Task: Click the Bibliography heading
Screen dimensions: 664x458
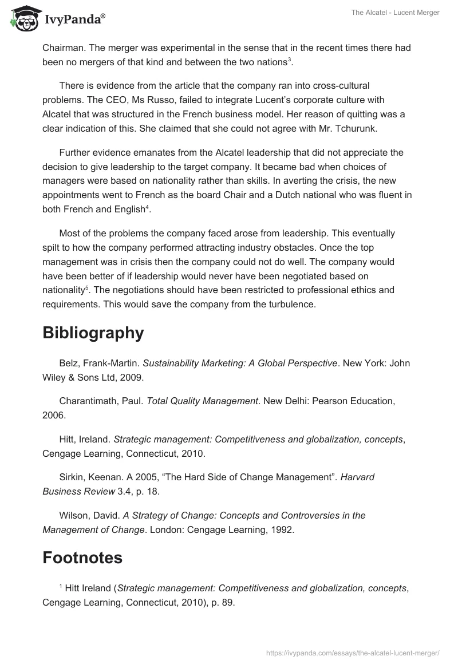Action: tap(93, 333)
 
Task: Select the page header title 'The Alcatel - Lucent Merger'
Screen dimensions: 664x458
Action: tap(395, 13)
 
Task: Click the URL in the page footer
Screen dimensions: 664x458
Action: tap(353, 652)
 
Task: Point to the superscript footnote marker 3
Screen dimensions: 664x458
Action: tap(290, 60)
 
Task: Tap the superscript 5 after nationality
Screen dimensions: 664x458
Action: tap(86, 287)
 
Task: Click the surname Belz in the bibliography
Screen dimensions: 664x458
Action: tap(69, 363)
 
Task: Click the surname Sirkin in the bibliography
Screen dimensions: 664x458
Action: tap(72, 477)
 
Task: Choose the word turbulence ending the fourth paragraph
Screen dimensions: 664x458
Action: tap(289, 305)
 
